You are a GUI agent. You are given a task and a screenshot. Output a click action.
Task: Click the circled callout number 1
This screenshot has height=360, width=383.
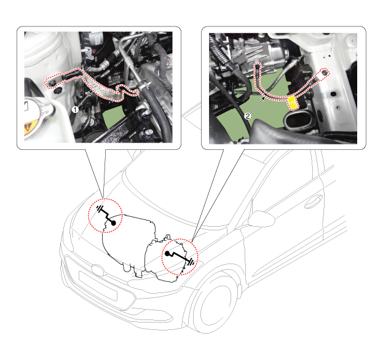pyautogui.click(x=75, y=110)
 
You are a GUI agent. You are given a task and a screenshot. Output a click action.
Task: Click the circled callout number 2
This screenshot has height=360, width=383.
pyautogui.click(x=248, y=116)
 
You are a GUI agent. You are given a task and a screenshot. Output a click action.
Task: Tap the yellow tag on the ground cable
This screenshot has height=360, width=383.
pyautogui.click(x=293, y=102)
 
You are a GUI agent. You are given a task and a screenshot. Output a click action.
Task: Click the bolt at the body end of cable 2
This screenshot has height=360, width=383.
pyautogui.click(x=325, y=72)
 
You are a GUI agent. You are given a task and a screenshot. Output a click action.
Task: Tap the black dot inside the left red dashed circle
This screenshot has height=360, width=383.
pyautogui.click(x=113, y=223)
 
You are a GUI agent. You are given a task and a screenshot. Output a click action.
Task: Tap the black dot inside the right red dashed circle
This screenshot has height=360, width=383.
pyautogui.click(x=167, y=254)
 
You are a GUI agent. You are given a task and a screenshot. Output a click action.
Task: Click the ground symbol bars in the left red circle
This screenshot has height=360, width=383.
pyautogui.click(x=100, y=209)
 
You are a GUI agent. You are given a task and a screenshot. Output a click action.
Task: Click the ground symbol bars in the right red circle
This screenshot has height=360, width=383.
pyautogui.click(x=192, y=262)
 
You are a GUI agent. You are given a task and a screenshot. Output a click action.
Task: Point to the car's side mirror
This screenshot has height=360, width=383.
pyautogui.click(x=262, y=219)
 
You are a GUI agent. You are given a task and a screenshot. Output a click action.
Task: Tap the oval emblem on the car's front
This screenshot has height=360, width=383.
pyautogui.click(x=98, y=270)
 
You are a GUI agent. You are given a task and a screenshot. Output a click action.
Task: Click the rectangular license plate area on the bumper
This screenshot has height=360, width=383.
pyautogui.click(x=98, y=286)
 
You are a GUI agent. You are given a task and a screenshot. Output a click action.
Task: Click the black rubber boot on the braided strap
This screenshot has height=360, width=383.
pyautogui.click(x=71, y=74)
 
